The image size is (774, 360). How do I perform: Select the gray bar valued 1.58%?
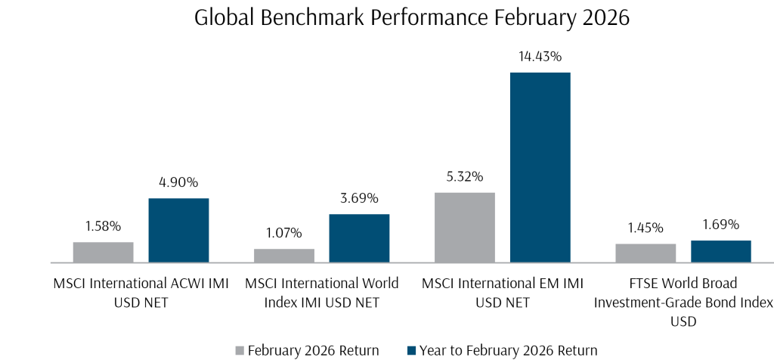(103, 253)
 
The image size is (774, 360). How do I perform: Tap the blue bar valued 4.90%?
(178, 231)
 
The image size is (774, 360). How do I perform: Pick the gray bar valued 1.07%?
(283, 256)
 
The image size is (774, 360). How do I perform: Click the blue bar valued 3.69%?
(359, 238)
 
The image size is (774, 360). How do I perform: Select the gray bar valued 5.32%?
(464, 228)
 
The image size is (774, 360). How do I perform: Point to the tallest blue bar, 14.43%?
(540, 167)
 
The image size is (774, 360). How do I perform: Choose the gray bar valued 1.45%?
(646, 253)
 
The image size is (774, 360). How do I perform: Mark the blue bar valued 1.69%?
(720, 252)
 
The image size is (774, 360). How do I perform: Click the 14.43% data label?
(540, 57)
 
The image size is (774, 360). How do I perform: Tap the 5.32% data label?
(465, 177)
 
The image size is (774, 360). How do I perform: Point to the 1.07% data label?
(284, 233)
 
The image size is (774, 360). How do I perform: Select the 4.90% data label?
(178, 182)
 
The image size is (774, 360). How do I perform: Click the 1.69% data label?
(720, 225)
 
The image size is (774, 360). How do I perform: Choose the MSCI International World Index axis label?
(322, 293)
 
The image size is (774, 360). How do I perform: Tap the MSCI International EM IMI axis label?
(503, 293)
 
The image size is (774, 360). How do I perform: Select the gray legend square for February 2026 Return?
(240, 350)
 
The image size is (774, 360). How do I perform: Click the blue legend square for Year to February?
(411, 350)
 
